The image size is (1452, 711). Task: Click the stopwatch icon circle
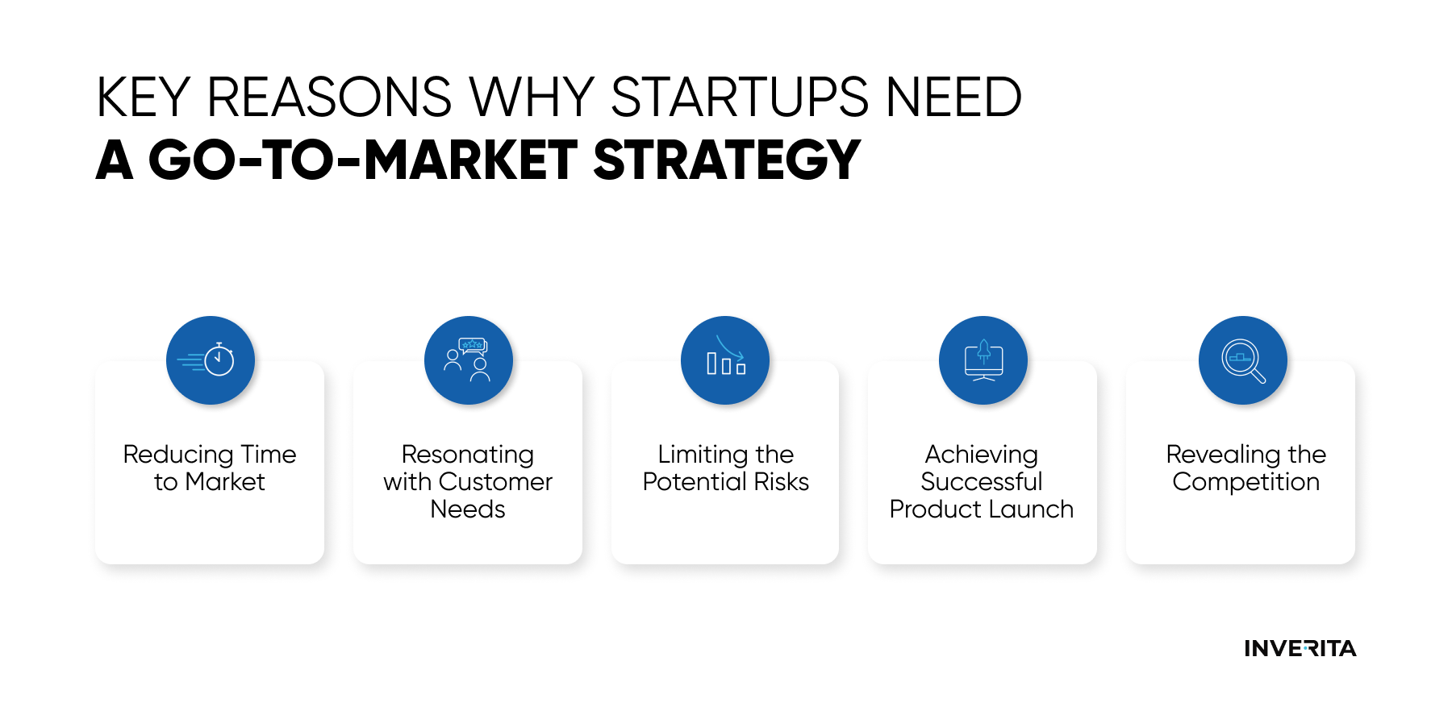211,360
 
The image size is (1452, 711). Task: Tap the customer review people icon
468,360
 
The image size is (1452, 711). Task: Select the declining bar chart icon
725,360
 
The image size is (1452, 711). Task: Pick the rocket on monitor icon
983,360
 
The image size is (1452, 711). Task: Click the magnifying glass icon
1243,360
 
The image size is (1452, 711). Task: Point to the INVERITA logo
1300,648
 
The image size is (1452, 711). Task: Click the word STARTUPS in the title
740,98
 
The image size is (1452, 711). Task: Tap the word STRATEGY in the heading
727,160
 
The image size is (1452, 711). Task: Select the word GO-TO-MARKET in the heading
363,160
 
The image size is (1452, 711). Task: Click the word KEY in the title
143,98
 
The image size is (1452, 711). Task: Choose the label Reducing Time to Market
210,468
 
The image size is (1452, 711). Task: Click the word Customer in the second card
496,482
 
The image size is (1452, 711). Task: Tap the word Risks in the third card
782,482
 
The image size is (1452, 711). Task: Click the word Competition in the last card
1246,483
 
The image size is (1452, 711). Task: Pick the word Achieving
982,455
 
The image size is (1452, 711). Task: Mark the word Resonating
468,455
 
